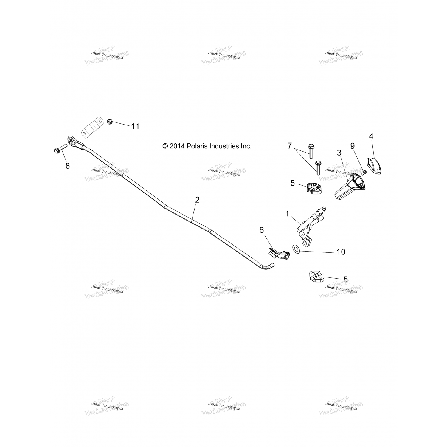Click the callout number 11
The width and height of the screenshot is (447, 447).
135,126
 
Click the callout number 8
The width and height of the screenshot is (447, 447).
68,166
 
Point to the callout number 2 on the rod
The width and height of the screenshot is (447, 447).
197,200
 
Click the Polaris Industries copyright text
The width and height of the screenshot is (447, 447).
207,146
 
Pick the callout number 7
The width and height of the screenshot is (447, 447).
289,146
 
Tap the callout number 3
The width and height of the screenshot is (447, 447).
339,153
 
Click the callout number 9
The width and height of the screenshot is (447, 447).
353,146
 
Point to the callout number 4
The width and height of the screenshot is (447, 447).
371,136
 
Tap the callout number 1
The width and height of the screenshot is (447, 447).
287,213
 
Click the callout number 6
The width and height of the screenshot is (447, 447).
261,230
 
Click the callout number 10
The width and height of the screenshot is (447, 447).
341,252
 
